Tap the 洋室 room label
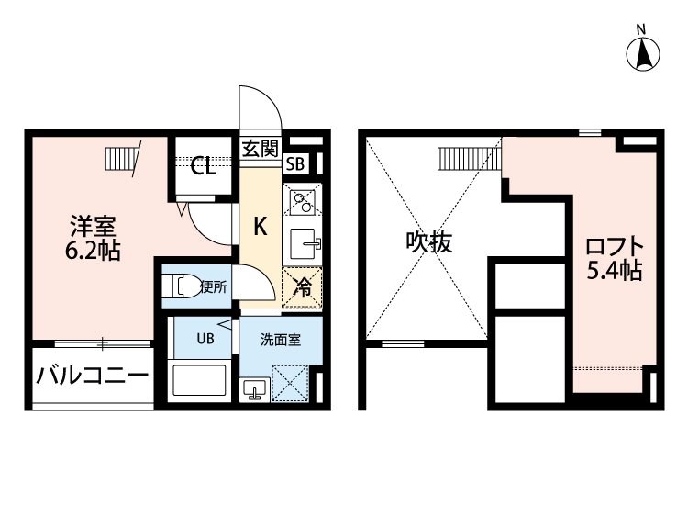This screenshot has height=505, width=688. (x=93, y=227)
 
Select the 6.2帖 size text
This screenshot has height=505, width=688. (x=93, y=251)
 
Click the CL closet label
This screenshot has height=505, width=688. (x=203, y=166)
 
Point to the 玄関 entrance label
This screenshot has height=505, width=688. (x=261, y=149)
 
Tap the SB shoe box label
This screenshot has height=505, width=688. (x=294, y=164)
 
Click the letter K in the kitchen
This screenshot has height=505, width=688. (x=261, y=227)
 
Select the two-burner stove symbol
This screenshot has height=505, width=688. (x=303, y=202)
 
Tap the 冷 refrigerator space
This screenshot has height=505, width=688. (x=303, y=287)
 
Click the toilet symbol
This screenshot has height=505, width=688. (x=181, y=286)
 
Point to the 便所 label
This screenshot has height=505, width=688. (x=214, y=286)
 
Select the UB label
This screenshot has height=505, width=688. (x=205, y=339)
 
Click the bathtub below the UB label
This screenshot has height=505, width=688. (x=200, y=380)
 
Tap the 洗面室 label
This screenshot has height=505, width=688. (x=281, y=340)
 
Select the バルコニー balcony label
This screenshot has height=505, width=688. (x=93, y=376)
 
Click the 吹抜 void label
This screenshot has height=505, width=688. (x=428, y=242)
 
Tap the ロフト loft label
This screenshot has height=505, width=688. (x=615, y=247)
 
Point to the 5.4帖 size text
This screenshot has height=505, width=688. (x=615, y=271)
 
